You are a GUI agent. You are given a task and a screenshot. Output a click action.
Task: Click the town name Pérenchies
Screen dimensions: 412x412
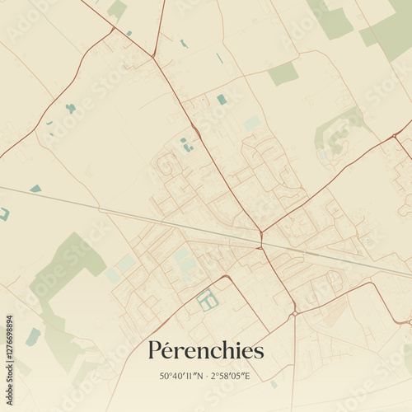[206, 350]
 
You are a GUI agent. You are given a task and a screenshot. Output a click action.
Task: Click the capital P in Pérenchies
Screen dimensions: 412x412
[155, 350]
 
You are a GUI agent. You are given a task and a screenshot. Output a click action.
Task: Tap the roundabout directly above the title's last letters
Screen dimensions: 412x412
[294, 313]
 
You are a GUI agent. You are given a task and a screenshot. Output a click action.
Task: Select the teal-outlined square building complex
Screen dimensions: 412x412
[208, 300]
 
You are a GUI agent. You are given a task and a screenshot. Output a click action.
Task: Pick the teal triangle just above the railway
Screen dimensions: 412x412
[35, 189]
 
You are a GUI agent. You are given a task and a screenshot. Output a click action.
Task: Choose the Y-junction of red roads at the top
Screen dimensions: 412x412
[153, 56]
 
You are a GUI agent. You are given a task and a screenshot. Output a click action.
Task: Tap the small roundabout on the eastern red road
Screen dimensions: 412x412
[396, 134]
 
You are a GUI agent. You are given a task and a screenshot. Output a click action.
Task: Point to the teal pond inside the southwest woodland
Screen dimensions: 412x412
[33, 336]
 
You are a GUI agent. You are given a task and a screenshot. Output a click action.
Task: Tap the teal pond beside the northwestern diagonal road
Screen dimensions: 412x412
[71, 108]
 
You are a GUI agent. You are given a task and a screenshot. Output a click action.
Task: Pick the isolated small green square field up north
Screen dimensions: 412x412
[283, 73]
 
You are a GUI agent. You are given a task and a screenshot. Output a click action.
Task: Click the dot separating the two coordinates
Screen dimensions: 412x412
[207, 377]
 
